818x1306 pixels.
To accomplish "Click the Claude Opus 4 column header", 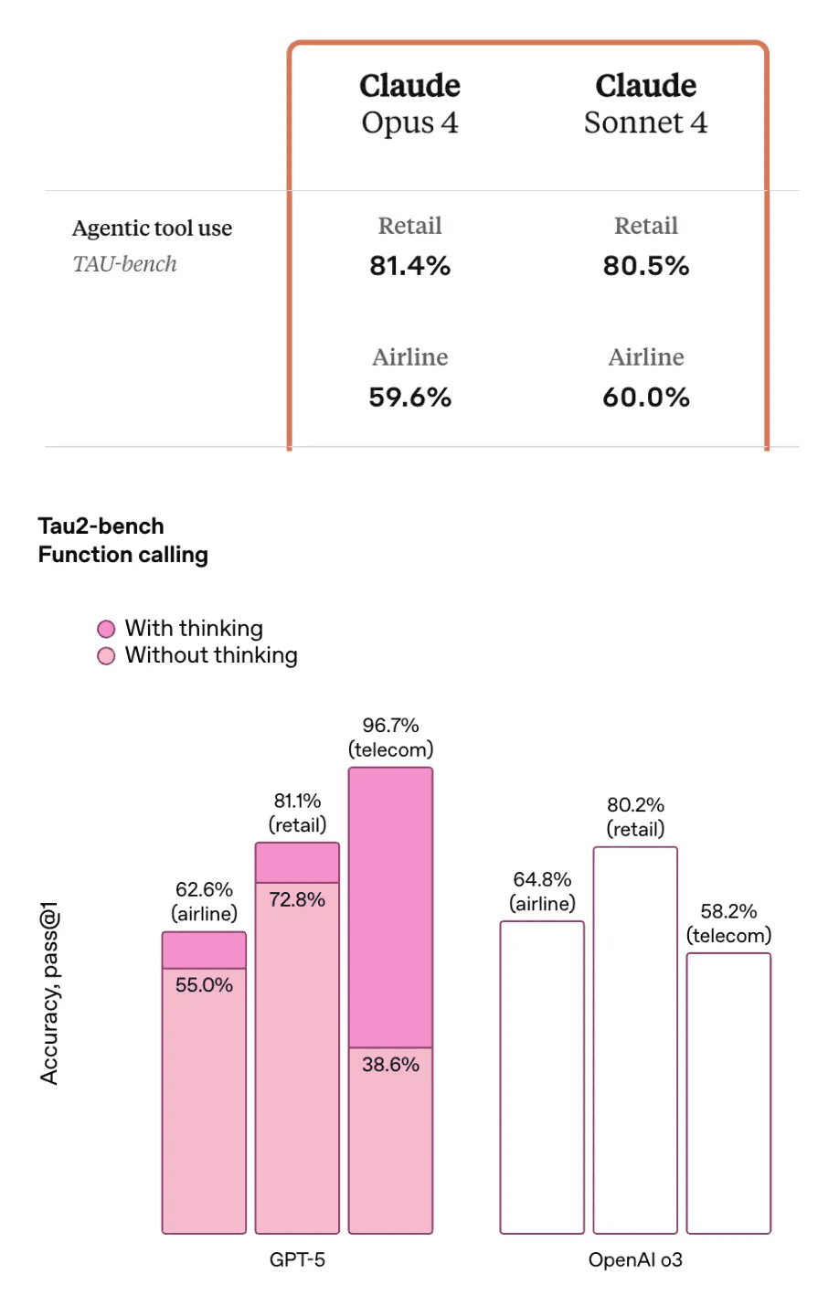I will point(409,103).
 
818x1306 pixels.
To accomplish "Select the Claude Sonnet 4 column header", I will point(645,103).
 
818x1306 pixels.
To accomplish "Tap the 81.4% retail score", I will point(409,266).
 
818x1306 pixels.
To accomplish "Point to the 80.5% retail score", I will point(645,266).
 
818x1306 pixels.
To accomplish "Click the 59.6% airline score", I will point(409,398).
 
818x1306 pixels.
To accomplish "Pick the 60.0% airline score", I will point(645,398).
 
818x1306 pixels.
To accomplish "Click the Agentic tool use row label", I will point(152,228).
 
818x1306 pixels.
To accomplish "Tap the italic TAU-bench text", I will point(124,264).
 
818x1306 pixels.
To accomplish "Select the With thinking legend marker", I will point(106,629).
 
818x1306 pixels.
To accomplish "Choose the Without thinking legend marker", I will point(106,656).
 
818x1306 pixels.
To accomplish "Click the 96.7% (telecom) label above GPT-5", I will point(390,738).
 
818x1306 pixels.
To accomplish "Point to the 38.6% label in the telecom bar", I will point(390,1064).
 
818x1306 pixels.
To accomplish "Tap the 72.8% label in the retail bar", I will point(297,899).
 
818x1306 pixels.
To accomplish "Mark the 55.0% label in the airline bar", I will point(204,984).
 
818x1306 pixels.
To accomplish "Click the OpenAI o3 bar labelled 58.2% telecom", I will point(728,1092).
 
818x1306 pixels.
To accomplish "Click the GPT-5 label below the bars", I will point(297,1259).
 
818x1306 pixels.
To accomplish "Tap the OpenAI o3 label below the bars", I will point(635,1259).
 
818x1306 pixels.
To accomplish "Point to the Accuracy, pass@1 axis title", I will point(49,993).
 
